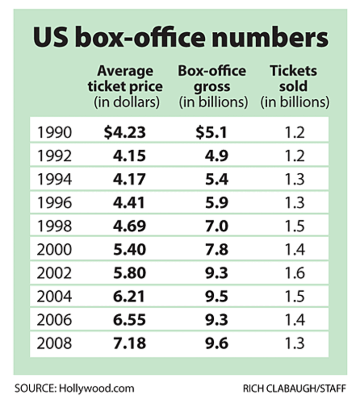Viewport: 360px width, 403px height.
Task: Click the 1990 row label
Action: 54,132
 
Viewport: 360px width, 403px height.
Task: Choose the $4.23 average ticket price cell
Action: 125,132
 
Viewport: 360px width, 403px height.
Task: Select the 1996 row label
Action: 54,203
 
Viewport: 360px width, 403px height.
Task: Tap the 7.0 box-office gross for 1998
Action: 216,226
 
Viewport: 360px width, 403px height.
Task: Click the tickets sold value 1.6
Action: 294,273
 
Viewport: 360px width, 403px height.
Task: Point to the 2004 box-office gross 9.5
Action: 216,296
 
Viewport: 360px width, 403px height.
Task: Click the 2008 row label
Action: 54,344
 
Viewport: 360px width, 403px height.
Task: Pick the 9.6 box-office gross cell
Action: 216,344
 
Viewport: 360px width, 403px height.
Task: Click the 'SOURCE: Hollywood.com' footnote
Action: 74,388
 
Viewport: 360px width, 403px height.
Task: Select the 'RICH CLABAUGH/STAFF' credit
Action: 295,389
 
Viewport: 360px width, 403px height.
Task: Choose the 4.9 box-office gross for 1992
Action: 216,156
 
